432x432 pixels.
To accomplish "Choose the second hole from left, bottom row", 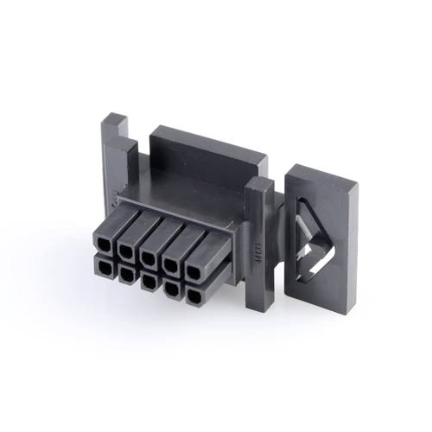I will point(126,276).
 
